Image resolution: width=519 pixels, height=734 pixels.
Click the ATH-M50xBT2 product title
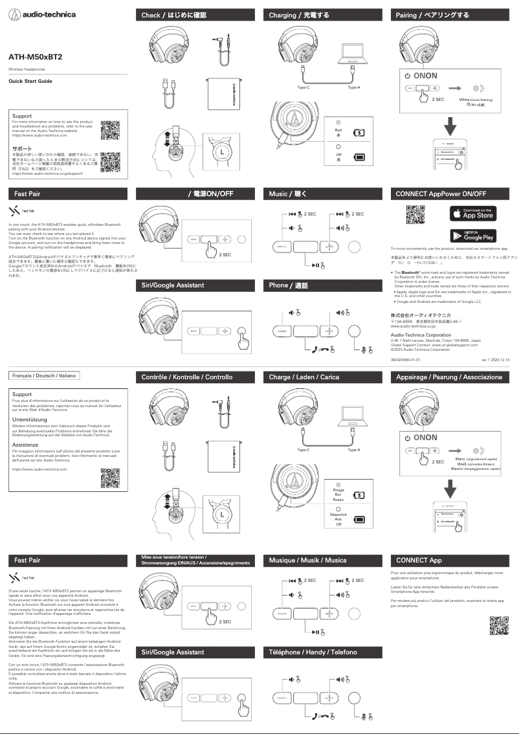35,57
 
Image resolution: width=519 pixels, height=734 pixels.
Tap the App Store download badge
472,214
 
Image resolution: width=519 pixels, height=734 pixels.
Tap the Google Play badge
472,235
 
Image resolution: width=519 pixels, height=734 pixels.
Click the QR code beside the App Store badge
415,214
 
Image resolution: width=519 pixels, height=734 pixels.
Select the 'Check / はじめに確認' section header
172,15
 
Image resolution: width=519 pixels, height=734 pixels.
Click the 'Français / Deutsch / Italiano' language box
45,375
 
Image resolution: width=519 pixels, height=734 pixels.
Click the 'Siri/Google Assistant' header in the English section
173,285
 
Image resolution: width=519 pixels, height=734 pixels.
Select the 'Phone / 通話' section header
289,285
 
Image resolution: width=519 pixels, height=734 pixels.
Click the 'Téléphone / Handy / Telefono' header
313,652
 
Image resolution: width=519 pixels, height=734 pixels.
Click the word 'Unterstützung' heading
30,420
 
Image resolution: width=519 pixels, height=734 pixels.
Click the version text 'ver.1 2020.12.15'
495,359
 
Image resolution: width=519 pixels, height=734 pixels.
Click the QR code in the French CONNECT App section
498,626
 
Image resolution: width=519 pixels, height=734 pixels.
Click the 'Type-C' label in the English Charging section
304,87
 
